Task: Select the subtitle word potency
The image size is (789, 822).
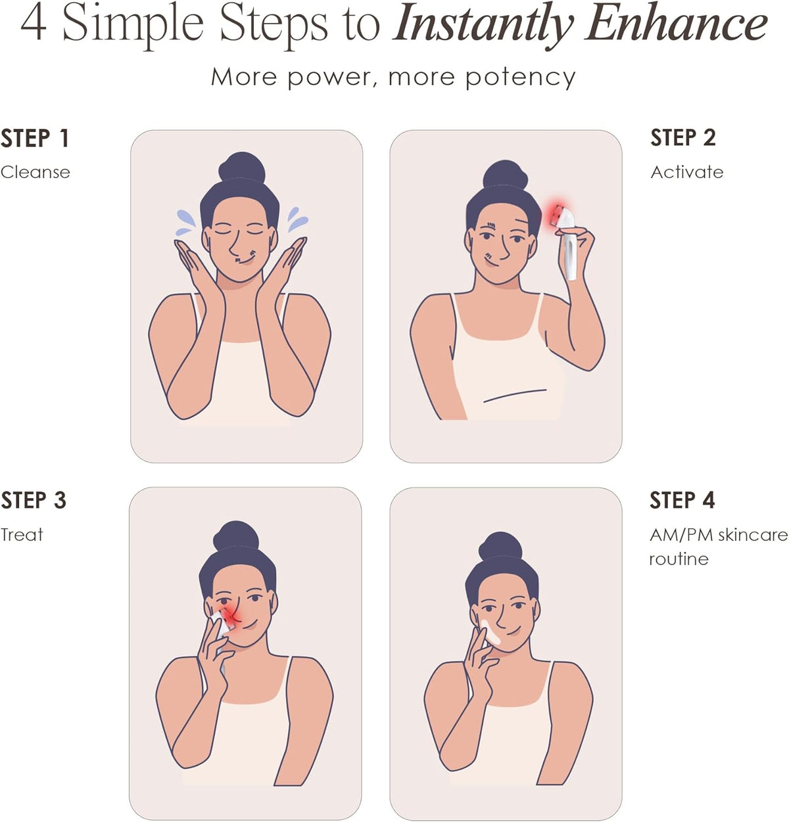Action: [x=520, y=79]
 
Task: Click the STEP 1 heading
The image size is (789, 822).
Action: [x=35, y=138]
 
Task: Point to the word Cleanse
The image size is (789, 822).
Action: [x=36, y=172]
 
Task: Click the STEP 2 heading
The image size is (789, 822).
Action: [x=683, y=138]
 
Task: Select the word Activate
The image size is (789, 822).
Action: [x=687, y=172]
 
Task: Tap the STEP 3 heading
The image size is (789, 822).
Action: [x=34, y=500]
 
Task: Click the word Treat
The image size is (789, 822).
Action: [x=22, y=535]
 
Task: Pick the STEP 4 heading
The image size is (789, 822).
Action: [x=682, y=500]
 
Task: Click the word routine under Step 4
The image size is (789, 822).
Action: [x=679, y=559]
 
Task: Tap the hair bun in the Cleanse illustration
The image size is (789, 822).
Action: [x=242, y=167]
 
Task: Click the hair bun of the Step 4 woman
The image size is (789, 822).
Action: [x=500, y=546]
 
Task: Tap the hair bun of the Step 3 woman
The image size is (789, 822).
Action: [x=236, y=536]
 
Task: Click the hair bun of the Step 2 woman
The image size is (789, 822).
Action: [x=506, y=175]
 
